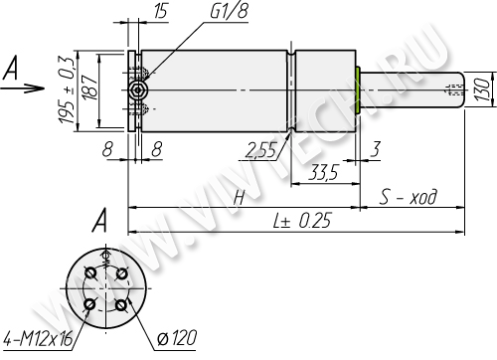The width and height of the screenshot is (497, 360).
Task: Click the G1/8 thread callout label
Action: (229, 11)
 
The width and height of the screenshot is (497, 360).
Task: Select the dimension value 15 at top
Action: (161, 11)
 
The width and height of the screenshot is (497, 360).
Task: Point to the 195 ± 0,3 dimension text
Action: (67, 90)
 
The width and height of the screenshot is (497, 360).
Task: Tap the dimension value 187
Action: (89, 88)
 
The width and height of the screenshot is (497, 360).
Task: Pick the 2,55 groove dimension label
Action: (260, 150)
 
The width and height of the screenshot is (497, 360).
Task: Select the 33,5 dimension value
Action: (323, 172)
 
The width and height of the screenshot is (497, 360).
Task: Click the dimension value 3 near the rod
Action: (375, 149)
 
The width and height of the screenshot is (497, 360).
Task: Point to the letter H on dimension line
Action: (240, 198)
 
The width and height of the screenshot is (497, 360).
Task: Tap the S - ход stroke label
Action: (409, 196)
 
